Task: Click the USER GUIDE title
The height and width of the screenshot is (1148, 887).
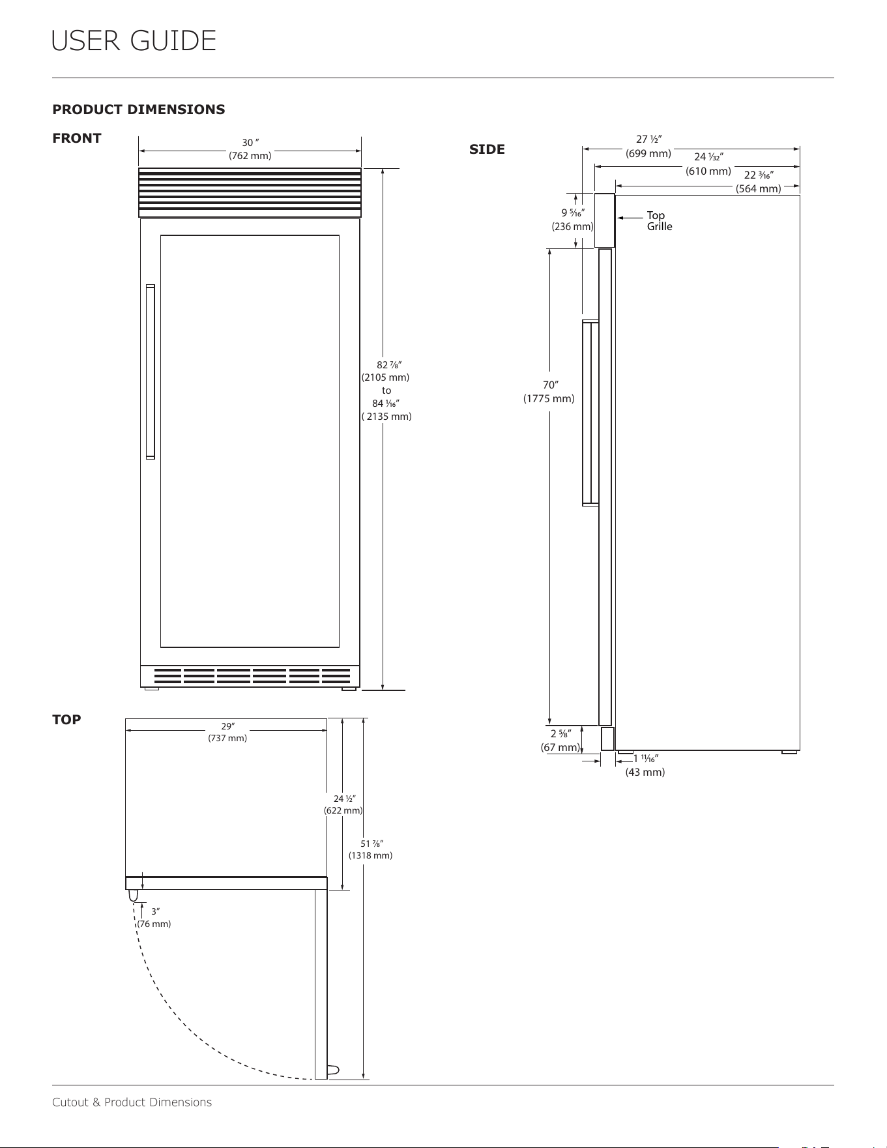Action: (134, 41)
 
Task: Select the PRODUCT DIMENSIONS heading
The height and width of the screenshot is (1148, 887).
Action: (139, 110)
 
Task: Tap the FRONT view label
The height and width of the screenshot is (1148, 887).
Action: (77, 138)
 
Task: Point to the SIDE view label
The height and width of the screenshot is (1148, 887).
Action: (487, 149)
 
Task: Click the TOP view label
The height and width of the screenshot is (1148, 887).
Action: (66, 720)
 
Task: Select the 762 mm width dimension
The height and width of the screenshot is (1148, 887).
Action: (250, 156)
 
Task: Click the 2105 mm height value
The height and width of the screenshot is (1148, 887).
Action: (385, 377)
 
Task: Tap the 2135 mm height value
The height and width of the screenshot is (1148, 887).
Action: (386, 416)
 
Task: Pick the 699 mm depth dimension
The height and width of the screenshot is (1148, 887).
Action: (648, 153)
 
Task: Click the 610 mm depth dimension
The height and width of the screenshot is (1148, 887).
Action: (708, 171)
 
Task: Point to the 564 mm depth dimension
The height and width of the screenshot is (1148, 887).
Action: (759, 188)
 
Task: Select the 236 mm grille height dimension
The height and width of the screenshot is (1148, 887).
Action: (573, 226)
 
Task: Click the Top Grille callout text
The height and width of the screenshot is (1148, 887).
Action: (660, 221)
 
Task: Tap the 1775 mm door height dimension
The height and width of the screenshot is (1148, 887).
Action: (549, 398)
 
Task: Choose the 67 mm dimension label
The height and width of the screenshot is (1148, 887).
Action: (560, 747)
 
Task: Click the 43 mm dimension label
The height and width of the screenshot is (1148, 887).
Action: (645, 772)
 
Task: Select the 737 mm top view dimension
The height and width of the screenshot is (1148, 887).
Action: (227, 738)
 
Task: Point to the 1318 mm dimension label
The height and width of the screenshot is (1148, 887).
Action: (370, 855)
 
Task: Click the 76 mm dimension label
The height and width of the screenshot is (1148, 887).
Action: (154, 924)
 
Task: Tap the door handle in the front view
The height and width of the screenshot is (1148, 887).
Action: (151, 372)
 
